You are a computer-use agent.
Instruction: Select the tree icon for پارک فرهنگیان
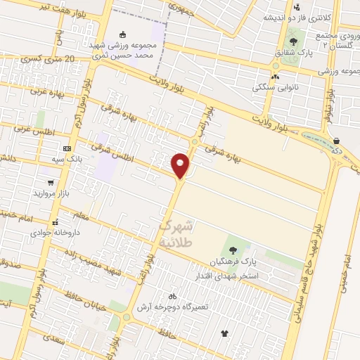(x=232, y=250)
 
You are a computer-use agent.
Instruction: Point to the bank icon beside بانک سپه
(x=67, y=148)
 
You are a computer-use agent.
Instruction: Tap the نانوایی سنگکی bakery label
(x=275, y=87)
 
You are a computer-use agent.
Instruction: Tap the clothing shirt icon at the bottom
(x=225, y=333)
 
